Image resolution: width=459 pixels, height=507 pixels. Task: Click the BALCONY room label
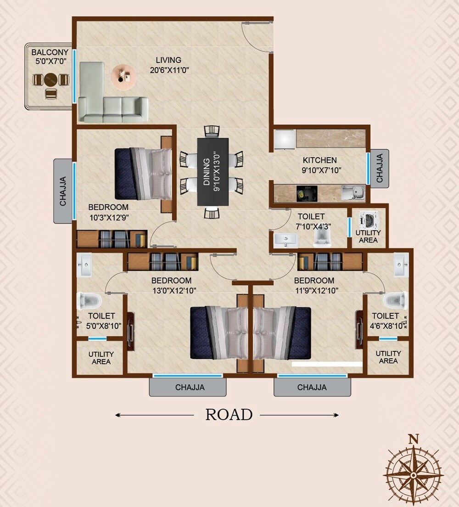tap(50, 52)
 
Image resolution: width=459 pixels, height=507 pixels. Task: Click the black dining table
tap(213, 171)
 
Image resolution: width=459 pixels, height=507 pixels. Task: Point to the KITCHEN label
tap(319, 160)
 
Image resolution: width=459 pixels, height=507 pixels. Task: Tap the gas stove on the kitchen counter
tap(302, 193)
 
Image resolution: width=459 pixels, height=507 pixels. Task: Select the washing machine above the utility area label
tap(369, 220)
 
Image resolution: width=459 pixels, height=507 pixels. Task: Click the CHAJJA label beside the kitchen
tap(380, 169)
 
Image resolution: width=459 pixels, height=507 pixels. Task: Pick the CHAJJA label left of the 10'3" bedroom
tap(63, 191)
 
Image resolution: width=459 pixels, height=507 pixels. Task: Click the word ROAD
tap(229, 415)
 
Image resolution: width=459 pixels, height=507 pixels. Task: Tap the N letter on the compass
tap(413, 438)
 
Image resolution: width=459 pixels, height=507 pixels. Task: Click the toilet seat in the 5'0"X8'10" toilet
tap(90, 301)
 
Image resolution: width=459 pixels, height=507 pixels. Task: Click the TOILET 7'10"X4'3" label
tap(311, 216)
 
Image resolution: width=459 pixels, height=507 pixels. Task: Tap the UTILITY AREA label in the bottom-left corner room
tap(101, 358)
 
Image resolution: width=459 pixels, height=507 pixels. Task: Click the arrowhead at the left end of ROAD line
tap(118, 415)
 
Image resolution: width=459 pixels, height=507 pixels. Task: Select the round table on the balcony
tap(51, 79)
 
